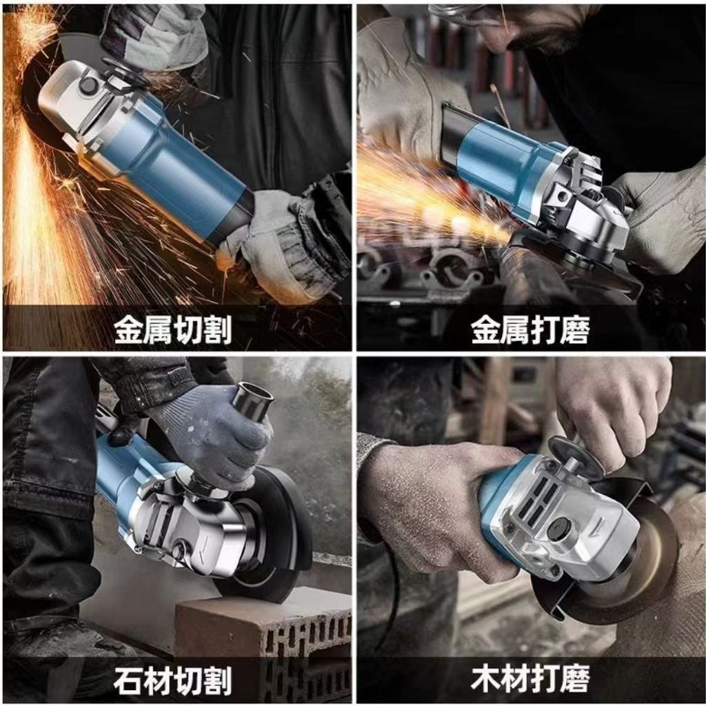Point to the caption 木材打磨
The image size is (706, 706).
pyautogui.click(x=530, y=679)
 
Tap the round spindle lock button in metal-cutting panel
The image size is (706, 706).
pyautogui.click(x=88, y=85)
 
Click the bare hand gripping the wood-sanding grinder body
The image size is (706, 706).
pyautogui.click(x=432, y=500)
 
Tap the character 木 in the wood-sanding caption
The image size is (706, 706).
pyautogui.click(x=485, y=679)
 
